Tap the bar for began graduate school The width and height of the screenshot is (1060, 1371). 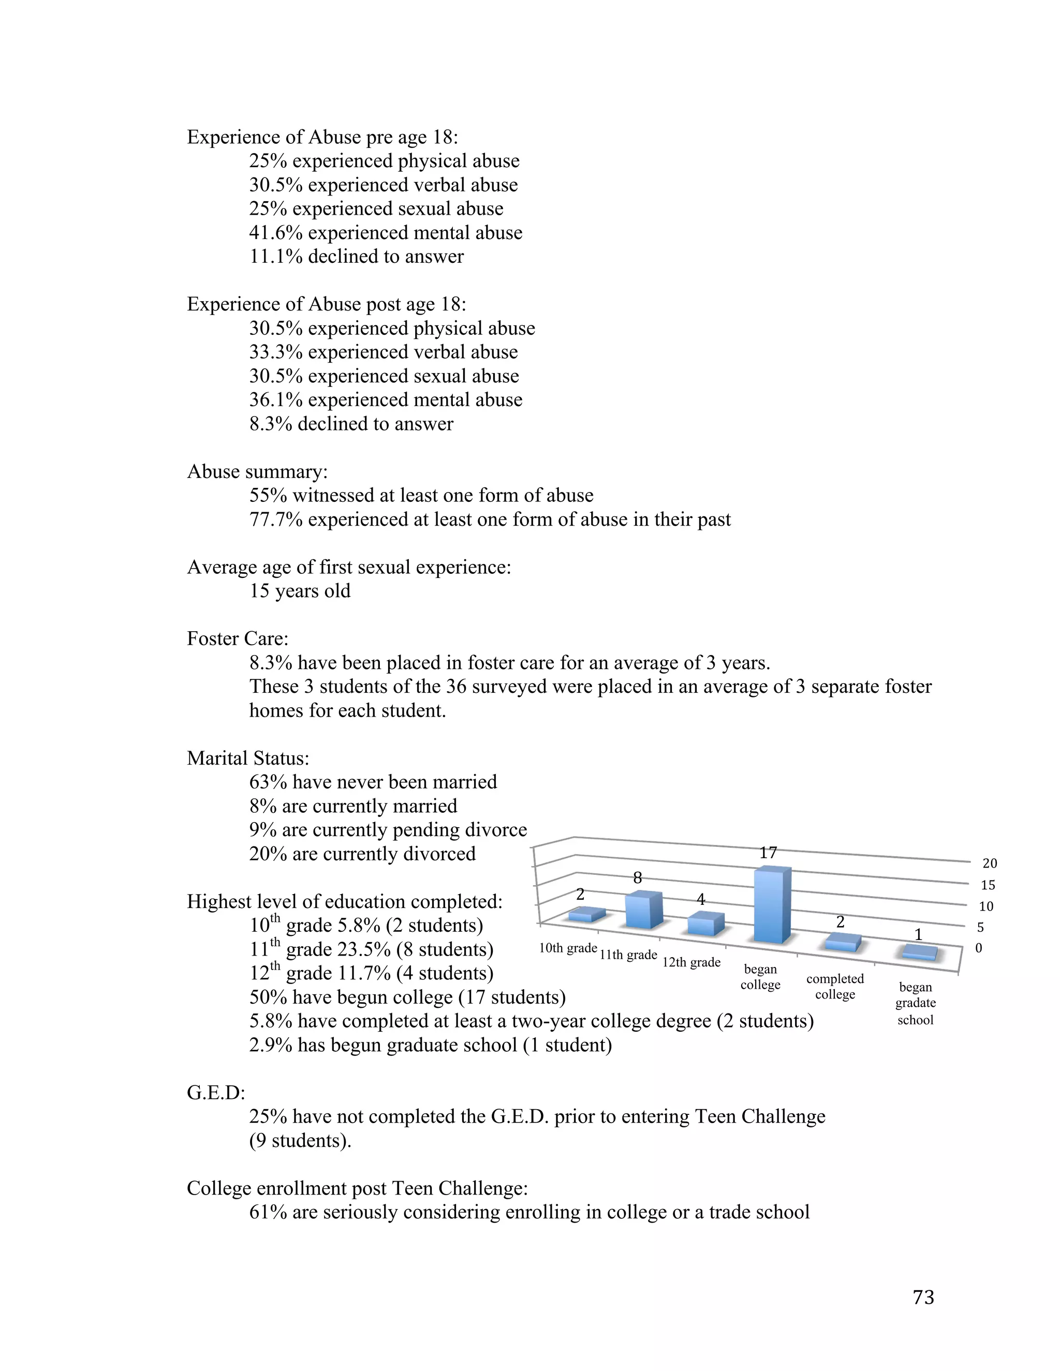919,953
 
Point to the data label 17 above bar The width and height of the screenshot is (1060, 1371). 768,853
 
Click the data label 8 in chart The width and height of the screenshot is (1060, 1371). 637,878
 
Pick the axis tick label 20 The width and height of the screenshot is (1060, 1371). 989,864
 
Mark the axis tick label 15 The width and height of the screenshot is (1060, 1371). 988,885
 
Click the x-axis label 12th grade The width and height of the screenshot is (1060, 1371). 691,962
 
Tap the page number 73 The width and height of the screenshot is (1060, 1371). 923,1297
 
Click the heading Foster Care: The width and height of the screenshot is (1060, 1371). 238,638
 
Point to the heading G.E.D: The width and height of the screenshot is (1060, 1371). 216,1093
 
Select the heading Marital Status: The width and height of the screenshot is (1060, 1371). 248,758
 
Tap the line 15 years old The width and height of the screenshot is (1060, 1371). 300,591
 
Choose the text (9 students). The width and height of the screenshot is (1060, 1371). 300,1141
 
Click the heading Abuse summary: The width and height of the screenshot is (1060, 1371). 257,471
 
